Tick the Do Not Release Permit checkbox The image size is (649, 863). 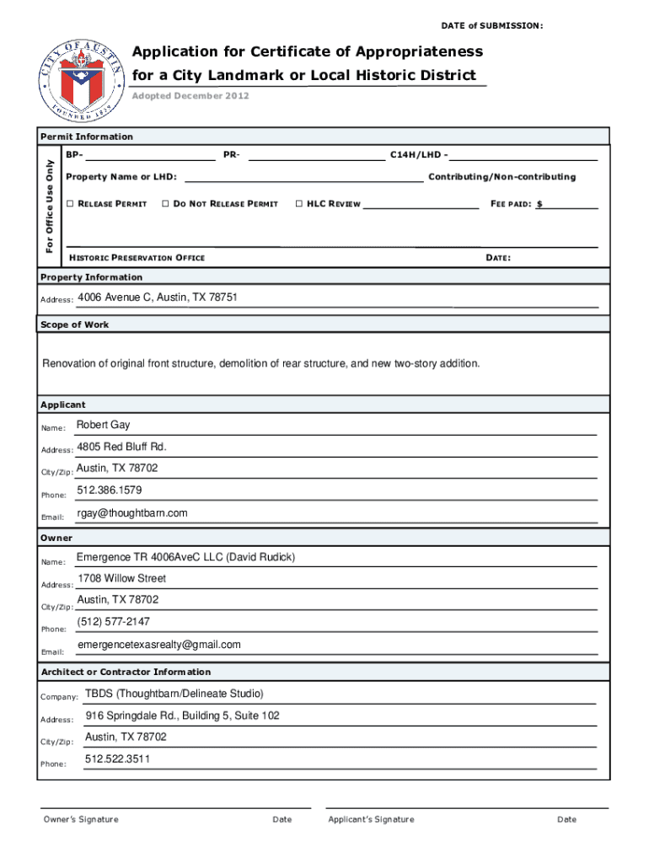[x=165, y=204]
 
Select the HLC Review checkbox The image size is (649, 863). [x=299, y=204]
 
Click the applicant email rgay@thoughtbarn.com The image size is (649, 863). [x=132, y=513]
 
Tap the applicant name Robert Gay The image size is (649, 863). [x=104, y=426]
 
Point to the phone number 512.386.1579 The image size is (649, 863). [x=110, y=490]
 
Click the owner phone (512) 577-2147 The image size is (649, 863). [x=114, y=622]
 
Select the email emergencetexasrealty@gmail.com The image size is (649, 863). [x=159, y=645]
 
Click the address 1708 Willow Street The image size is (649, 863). [x=122, y=579]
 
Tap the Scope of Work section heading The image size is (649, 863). [x=75, y=324]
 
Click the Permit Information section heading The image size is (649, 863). [x=87, y=137]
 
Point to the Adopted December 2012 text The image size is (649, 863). [x=190, y=96]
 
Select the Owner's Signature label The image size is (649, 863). [x=81, y=820]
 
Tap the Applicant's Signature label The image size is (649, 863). [x=371, y=820]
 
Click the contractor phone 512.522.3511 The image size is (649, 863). [x=118, y=759]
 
